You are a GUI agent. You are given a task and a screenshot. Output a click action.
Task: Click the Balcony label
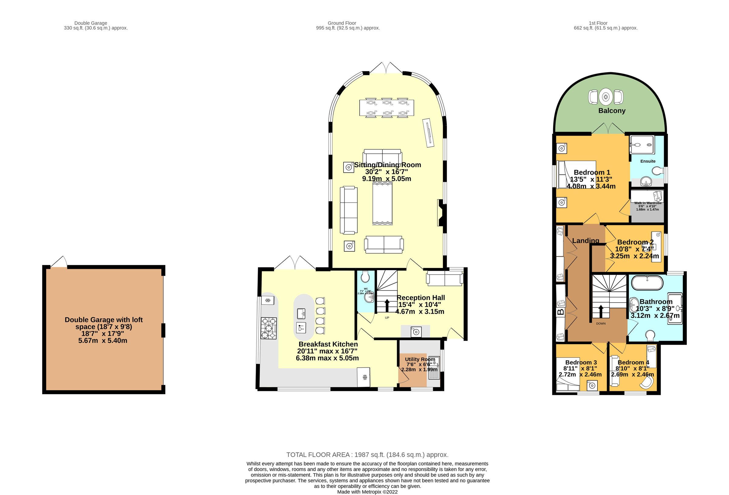(612, 111)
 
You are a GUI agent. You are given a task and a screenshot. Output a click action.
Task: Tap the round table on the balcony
(606, 97)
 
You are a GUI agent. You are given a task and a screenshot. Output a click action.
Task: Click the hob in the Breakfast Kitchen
(269, 328)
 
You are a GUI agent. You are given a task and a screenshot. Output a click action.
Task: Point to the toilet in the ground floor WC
(365, 277)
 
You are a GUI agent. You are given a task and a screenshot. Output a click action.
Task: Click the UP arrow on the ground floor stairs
(387, 304)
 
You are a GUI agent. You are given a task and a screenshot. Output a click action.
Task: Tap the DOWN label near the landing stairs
(601, 323)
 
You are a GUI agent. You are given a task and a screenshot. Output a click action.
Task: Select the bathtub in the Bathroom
(647, 283)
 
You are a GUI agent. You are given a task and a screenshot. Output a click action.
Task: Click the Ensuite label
(648, 161)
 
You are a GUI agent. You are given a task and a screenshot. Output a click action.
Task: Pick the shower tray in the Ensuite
(642, 145)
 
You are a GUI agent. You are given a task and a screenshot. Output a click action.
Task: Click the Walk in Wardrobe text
(648, 203)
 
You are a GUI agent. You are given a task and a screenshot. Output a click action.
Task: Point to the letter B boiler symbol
(560, 312)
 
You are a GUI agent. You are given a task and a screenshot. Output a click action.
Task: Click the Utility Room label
(420, 359)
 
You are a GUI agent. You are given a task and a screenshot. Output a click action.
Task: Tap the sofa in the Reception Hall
(444, 279)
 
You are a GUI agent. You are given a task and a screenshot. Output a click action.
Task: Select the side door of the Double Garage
(59, 263)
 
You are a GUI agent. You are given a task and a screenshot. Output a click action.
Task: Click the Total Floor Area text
(367, 455)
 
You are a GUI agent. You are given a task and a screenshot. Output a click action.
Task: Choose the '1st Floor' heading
(598, 23)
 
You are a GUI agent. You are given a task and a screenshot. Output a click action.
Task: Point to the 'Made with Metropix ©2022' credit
(367, 492)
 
